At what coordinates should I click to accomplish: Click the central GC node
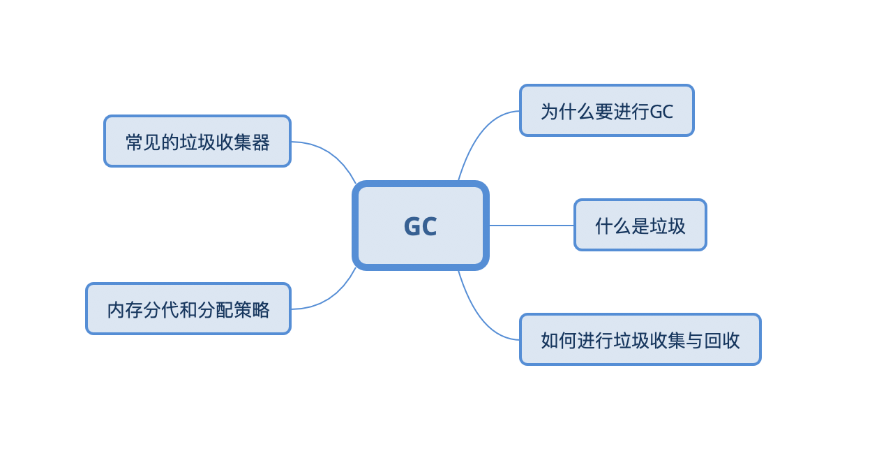coord(420,226)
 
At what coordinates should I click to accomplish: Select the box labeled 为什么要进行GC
coord(606,110)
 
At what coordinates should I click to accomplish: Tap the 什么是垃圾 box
coord(640,225)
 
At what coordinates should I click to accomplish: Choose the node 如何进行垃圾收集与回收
coord(640,339)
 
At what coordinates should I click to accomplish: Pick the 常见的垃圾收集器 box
coord(197,141)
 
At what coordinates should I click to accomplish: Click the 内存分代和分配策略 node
coord(188,309)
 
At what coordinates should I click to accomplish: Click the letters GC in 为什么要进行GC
coord(661,111)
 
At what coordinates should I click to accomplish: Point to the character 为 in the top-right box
coord(549,111)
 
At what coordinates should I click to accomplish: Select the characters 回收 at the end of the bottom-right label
coord(722,340)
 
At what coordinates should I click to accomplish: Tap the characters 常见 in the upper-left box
coord(143,142)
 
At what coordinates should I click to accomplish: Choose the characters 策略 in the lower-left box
coord(252,309)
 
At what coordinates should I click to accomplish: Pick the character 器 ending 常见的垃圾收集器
coord(261,142)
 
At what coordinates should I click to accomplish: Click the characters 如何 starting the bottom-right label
coord(559,340)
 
